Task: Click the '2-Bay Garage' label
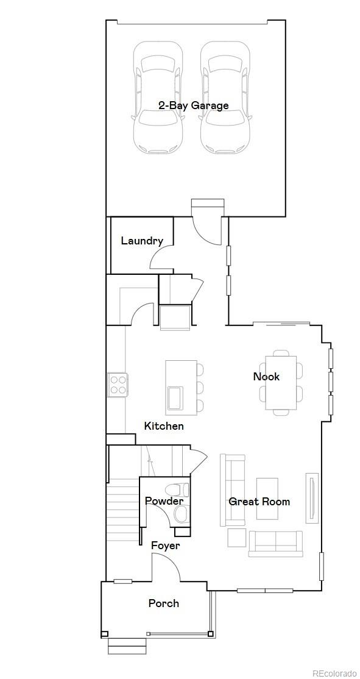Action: [x=193, y=105]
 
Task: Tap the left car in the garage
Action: [x=158, y=98]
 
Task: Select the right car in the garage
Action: [x=225, y=98]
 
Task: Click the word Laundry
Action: [x=142, y=241]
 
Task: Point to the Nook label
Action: [x=266, y=377]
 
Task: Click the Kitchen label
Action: [x=164, y=426]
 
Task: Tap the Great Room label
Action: [x=259, y=502]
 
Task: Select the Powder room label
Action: [x=164, y=501]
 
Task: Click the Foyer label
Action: [x=166, y=546]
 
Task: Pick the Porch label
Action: [x=164, y=603]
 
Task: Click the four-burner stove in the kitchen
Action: [x=117, y=385]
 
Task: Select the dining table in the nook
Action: [x=281, y=382]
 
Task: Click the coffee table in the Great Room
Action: [x=267, y=499]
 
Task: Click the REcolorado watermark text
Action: [x=334, y=673]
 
